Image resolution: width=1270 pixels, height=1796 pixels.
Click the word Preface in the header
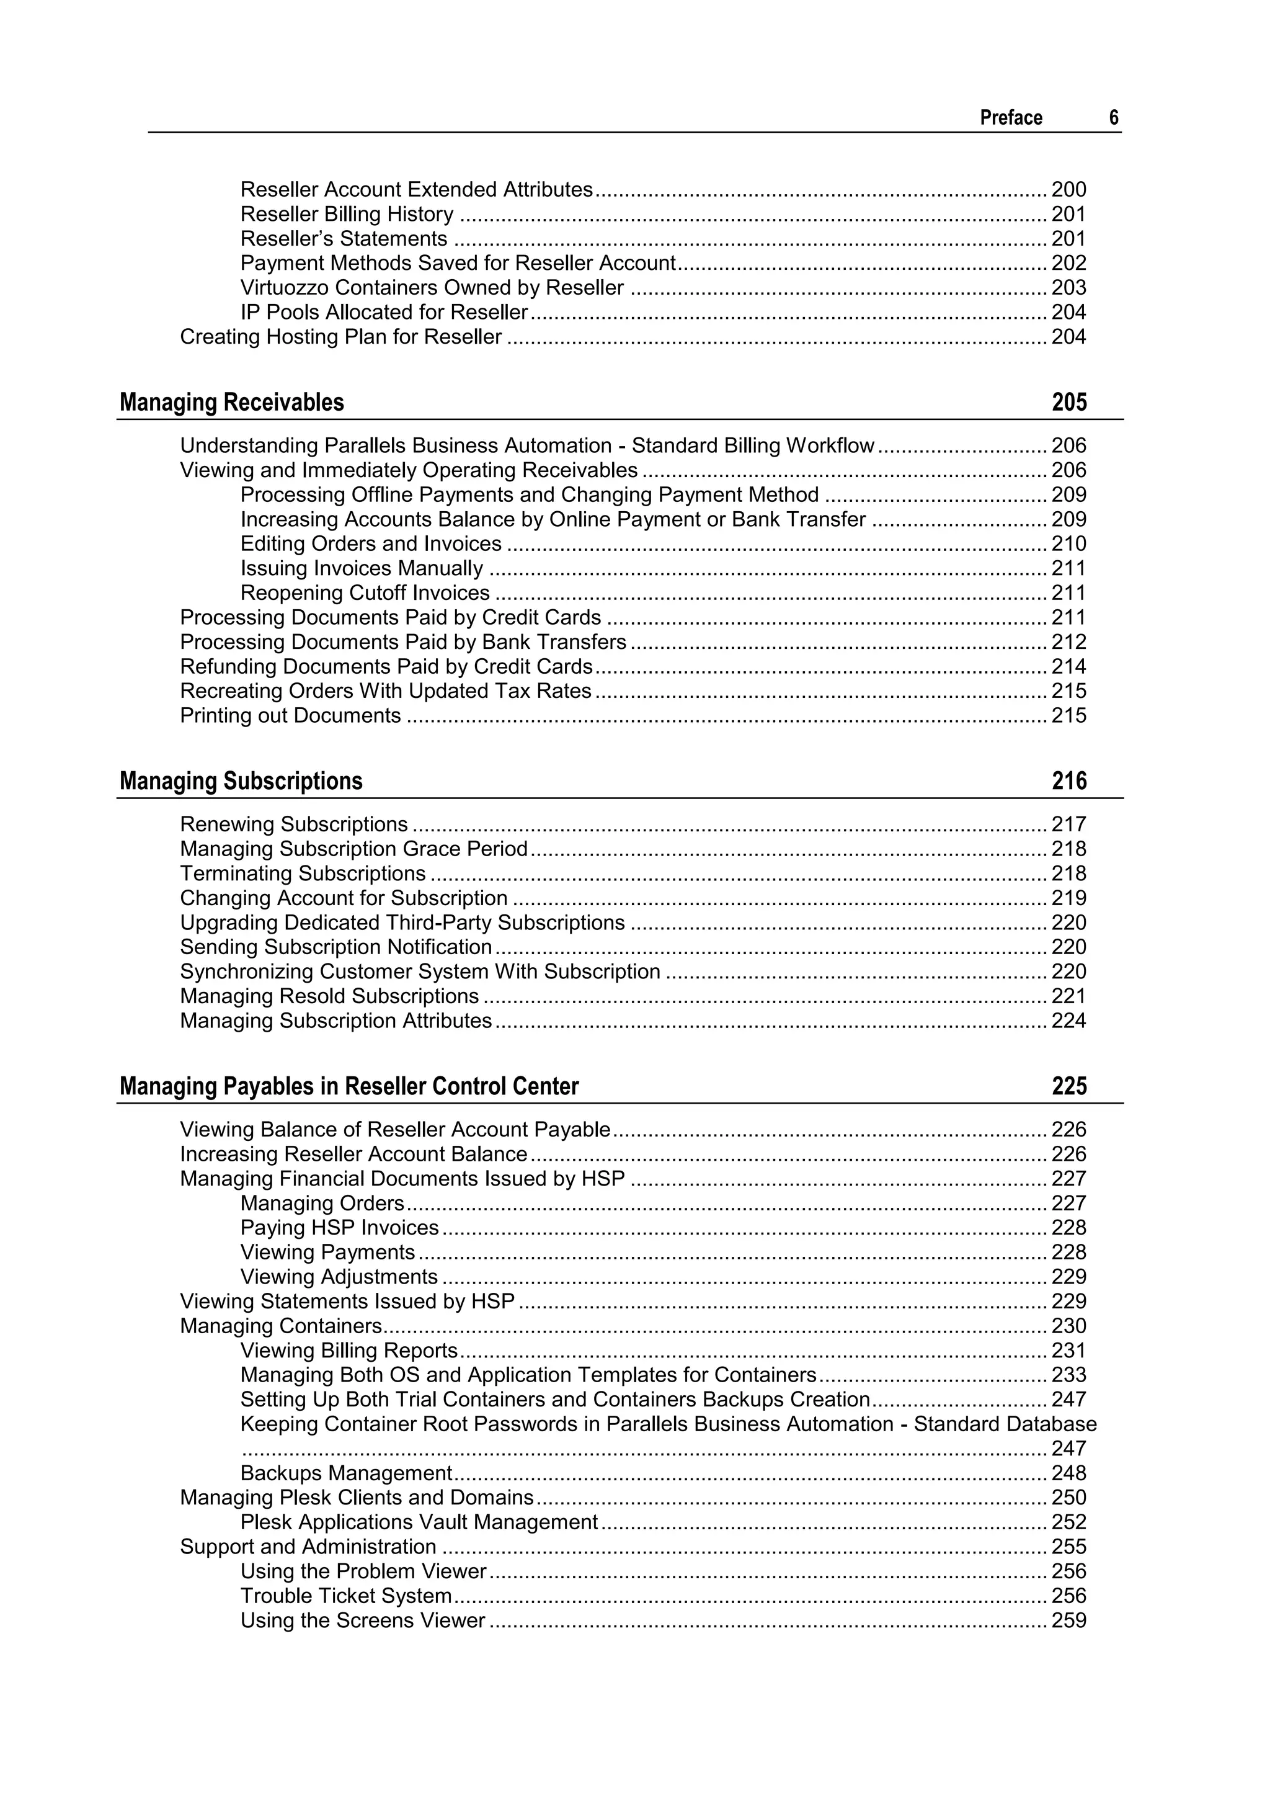pos(1010,117)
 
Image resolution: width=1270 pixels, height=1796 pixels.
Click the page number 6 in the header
pos(1114,117)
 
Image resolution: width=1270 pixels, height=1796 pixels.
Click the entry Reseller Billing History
pos(347,213)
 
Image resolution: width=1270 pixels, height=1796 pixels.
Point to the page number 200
pos(1068,189)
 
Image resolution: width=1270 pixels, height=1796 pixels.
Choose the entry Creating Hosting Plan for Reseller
pos(340,336)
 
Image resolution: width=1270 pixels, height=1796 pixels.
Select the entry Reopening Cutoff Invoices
pos(365,593)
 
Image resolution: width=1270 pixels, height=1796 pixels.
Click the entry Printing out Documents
pos(290,716)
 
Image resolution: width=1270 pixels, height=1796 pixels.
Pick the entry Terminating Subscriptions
pos(303,873)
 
